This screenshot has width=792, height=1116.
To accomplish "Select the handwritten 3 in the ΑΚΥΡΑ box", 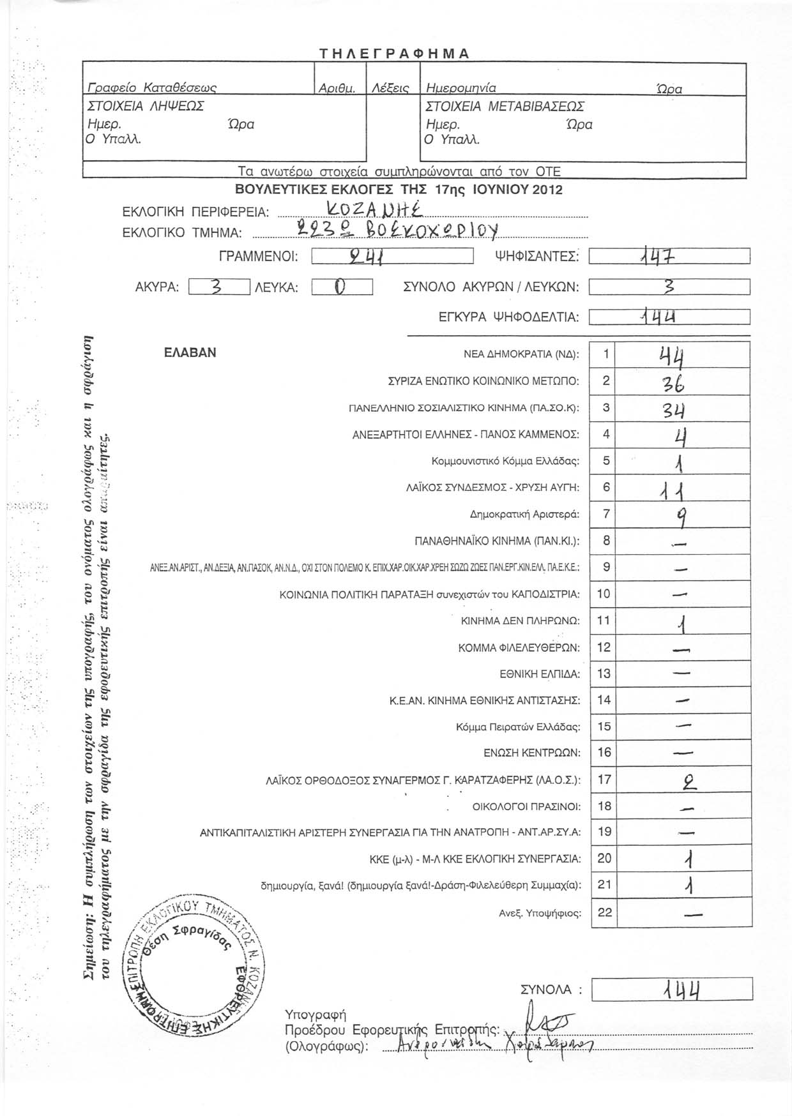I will click(217, 288).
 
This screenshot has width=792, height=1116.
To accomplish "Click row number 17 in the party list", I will click(604, 779).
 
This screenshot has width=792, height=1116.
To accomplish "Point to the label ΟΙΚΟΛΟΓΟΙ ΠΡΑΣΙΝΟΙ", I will click(526, 806).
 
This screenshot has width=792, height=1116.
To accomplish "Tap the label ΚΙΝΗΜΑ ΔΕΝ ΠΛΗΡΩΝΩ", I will click(520, 621).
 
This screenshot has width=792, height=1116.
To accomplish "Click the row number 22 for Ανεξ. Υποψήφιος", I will click(604, 912).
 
